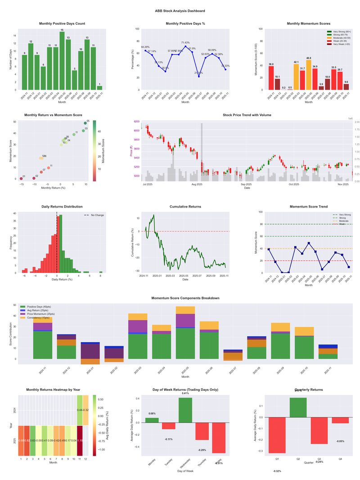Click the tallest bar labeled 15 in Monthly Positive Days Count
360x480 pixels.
62,60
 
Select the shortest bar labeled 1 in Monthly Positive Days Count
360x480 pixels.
99,87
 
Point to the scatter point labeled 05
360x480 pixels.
85,123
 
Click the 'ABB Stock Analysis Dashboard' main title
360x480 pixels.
180,11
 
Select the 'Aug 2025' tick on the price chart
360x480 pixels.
197,185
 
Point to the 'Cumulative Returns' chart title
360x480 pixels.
185,207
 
